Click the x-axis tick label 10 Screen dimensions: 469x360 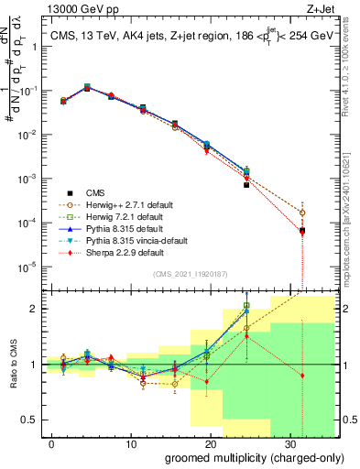[x=131, y=443]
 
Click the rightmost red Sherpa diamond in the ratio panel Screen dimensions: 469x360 [x=302, y=376]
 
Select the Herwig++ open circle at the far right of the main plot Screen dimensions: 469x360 [x=302, y=213]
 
